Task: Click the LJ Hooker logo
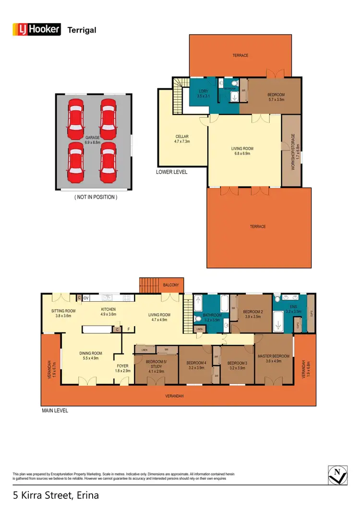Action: (36, 30)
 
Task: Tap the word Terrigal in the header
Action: (82, 30)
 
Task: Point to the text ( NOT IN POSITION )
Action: (96, 197)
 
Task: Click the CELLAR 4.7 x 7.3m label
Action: (182, 139)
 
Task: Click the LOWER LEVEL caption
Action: (171, 172)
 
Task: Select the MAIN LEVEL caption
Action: (54, 410)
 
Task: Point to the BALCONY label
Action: (171, 285)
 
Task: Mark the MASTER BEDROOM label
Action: (273, 358)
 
